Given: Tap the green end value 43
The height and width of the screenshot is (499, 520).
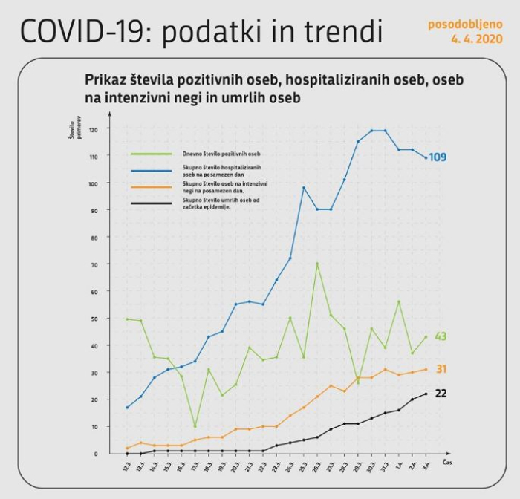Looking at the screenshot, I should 440,336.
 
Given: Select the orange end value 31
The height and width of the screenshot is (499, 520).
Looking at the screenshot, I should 440,369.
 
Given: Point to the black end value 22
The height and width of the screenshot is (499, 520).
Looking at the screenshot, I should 440,394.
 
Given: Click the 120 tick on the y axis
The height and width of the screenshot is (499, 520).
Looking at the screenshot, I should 94,128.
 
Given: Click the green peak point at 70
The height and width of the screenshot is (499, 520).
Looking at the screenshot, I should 317,264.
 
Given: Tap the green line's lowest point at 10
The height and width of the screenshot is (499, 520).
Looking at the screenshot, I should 195,426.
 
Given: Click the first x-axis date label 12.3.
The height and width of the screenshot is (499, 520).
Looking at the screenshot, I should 129,468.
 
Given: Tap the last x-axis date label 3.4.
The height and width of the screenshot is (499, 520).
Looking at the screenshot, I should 426,468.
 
